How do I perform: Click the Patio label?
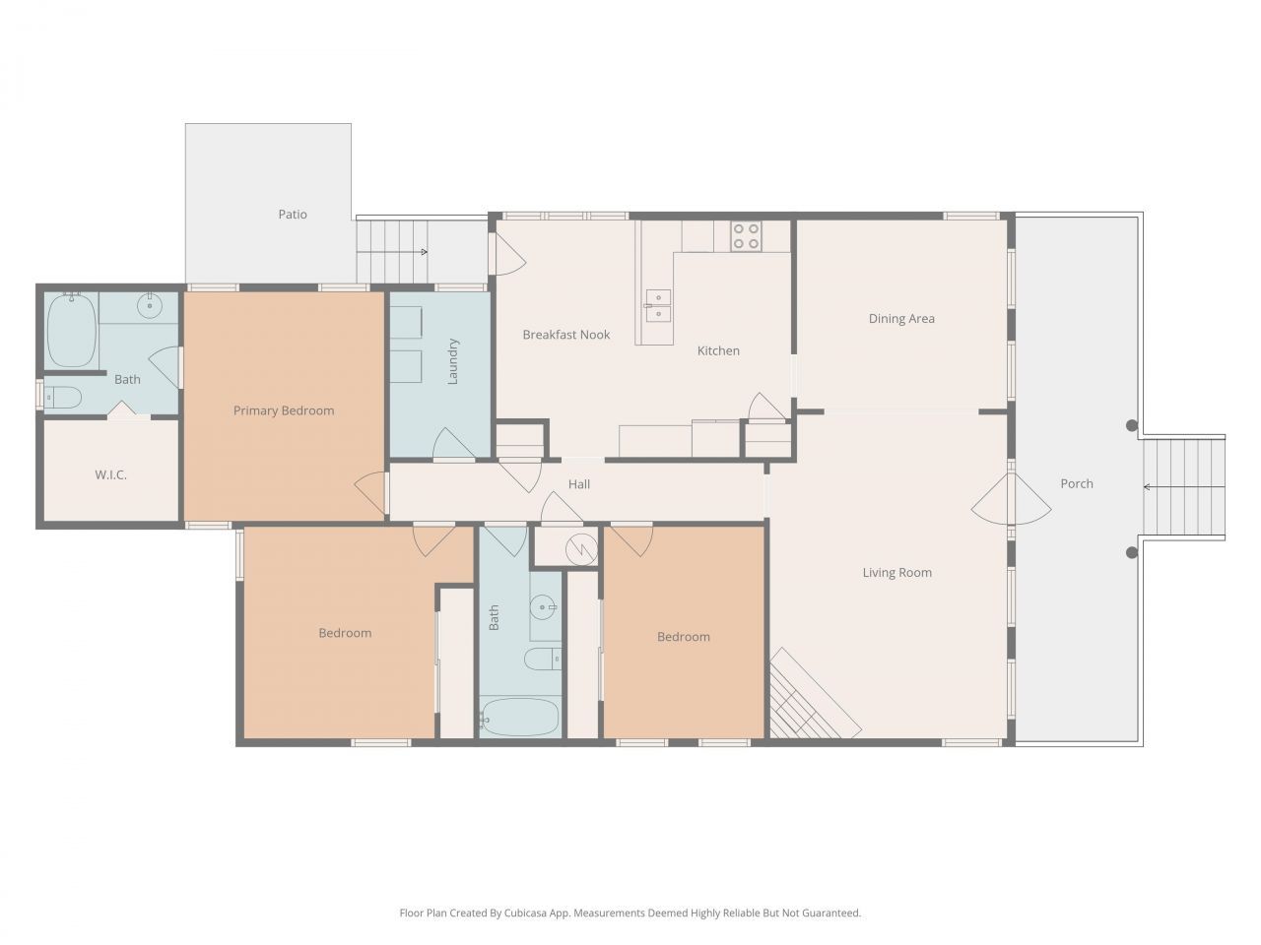pyautogui.click(x=293, y=214)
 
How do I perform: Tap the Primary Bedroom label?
pyautogui.click(x=284, y=410)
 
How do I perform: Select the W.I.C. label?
pyautogui.click(x=110, y=474)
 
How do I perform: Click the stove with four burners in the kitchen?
pyautogui.click(x=746, y=235)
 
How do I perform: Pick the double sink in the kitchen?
pyautogui.click(x=658, y=306)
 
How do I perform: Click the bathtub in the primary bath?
pyautogui.click(x=72, y=330)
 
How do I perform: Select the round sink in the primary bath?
pyautogui.click(x=150, y=305)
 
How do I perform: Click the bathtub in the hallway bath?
pyautogui.click(x=520, y=717)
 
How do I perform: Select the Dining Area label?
pyautogui.click(x=901, y=318)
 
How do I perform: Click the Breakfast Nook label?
pyautogui.click(x=566, y=335)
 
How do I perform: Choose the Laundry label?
pyautogui.click(x=454, y=361)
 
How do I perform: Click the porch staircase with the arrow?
pyautogui.click(x=1182, y=486)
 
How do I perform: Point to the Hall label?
pyautogui.click(x=579, y=483)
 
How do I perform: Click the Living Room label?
pyautogui.click(x=896, y=572)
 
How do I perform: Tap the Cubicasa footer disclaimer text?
pyautogui.click(x=630, y=913)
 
